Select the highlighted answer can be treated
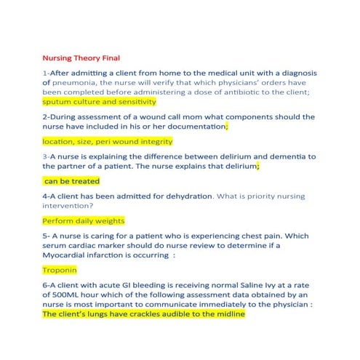[x=72, y=181]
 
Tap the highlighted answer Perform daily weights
[x=84, y=221]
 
